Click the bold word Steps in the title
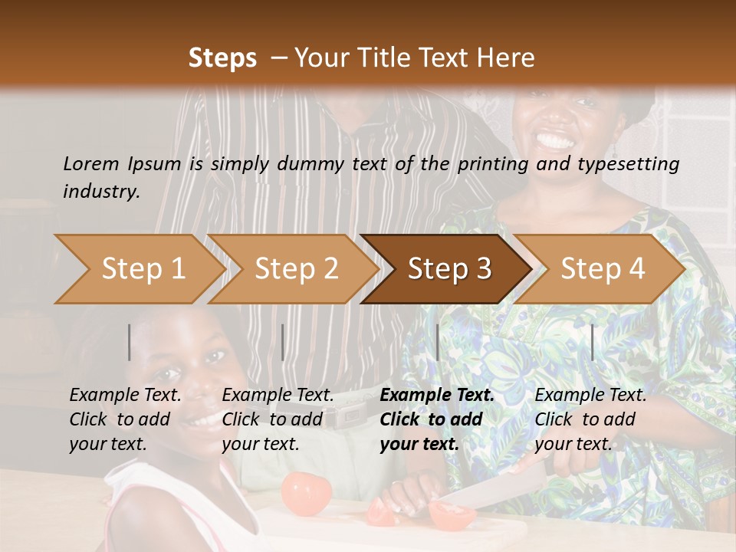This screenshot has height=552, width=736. (222, 58)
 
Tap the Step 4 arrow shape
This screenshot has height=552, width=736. (600, 269)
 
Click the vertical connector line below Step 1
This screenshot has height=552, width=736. (130, 342)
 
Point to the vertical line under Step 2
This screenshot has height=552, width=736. (283, 342)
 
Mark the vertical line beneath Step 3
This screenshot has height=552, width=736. (437, 342)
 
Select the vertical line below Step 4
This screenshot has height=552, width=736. (592, 342)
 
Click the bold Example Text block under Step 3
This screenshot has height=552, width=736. (437, 419)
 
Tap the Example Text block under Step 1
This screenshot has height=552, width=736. (126, 419)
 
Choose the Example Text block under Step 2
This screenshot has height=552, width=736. (278, 419)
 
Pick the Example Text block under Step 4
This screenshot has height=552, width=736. (590, 419)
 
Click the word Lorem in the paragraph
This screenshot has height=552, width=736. (91, 163)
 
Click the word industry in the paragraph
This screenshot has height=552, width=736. (100, 191)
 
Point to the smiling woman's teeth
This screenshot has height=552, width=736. (555, 140)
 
